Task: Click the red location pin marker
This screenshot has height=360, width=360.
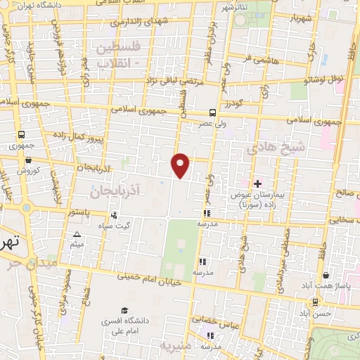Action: tap(181, 165)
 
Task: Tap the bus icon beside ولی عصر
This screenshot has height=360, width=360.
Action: tap(212, 112)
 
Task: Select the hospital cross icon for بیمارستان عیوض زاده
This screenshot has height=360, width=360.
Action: tap(257, 184)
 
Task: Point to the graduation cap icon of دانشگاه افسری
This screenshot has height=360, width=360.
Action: tap(124, 310)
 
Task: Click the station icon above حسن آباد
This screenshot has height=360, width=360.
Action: tap(316, 302)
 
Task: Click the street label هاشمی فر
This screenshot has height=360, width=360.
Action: tap(270, 65)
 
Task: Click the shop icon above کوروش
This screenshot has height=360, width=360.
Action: tap(22, 160)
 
